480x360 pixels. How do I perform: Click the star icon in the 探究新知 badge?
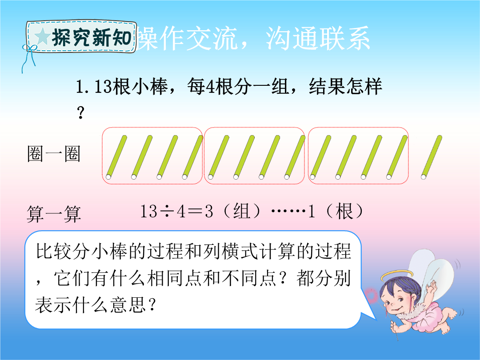coord(42,37)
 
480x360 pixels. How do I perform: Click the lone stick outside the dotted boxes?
coord(432,157)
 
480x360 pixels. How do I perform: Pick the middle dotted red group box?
coord(254,128)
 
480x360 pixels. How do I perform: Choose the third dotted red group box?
coord(358,128)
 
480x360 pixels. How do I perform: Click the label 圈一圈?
coord(54,154)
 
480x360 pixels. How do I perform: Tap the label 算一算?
coord(54,214)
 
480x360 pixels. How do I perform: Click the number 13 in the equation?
coord(149,211)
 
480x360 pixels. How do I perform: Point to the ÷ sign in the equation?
coord(167,212)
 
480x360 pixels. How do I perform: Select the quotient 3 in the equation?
coord(209,211)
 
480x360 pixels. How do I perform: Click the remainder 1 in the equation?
coord(311,211)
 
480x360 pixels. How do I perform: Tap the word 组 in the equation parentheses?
coord(241,211)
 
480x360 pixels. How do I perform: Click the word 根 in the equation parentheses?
coord(344,211)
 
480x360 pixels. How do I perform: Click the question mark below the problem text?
coord(80,112)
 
